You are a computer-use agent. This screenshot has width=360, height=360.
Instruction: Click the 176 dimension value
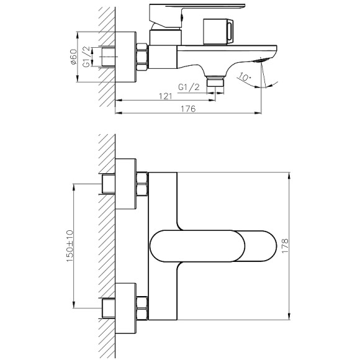pos(188,109)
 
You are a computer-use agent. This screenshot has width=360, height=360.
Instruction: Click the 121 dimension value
pos(165,96)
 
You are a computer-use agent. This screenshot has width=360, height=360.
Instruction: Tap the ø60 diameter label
pos(73,56)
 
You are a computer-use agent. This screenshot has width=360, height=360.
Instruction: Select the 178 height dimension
pos(285,246)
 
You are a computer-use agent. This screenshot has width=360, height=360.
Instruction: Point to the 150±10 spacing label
pos(70,246)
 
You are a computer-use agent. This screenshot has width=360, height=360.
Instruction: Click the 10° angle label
pos(244,77)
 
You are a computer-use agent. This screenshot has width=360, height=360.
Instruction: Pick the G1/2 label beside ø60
pos(86,56)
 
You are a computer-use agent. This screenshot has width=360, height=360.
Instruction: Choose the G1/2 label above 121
pos(189,88)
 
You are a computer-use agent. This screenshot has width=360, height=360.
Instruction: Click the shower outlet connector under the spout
pos(215,82)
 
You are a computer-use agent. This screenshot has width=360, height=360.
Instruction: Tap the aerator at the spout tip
pos(261,60)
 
